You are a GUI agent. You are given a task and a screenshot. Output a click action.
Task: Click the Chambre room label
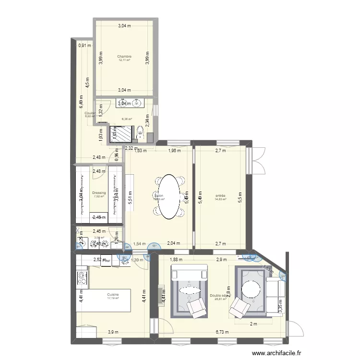[124, 56]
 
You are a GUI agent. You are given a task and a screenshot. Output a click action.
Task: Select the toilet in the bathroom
[140, 132]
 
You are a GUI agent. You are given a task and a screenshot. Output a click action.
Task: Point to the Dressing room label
[99, 193]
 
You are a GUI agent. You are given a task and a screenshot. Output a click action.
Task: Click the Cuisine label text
[113, 294]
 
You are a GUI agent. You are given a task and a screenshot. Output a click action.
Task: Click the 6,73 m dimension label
[222, 332]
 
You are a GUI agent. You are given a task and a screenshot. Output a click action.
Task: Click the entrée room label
[220, 195]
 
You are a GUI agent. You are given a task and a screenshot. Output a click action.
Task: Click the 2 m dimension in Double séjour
[253, 324]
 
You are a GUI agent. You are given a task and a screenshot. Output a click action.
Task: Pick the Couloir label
[89, 113]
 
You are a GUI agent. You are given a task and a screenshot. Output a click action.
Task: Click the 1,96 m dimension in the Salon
[174, 151]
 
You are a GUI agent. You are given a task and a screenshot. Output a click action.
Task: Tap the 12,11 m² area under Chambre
[124, 60]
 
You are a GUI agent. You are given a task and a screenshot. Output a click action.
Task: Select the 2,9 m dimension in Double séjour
[221, 260]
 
